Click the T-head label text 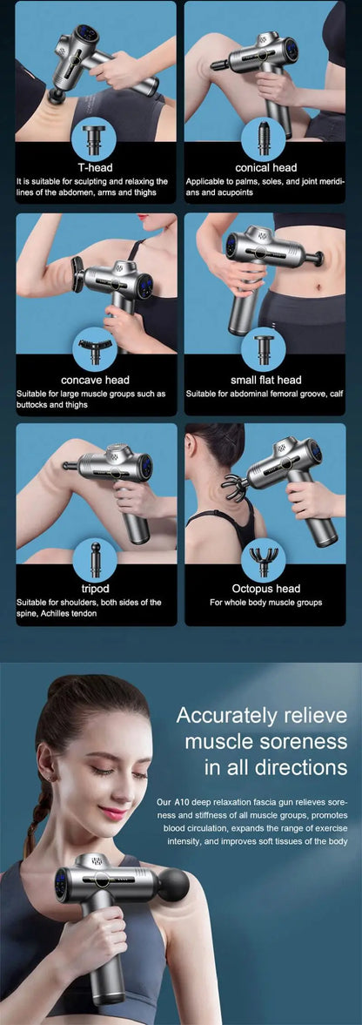click(x=96, y=167)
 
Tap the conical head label click(x=265, y=167)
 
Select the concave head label click(x=96, y=380)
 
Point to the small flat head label click(x=265, y=380)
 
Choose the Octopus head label click(x=266, y=589)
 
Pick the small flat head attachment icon click(x=263, y=350)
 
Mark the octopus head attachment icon click(x=263, y=560)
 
